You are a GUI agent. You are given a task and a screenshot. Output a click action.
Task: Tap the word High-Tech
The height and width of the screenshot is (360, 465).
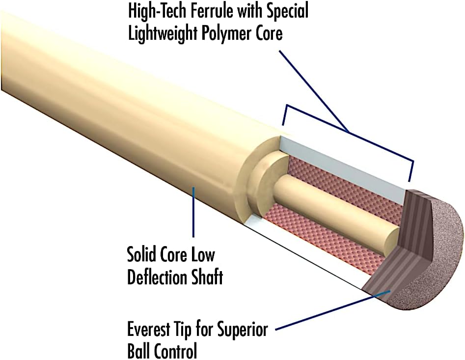pos(151,11)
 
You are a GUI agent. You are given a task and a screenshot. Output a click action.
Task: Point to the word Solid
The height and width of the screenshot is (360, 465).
pos(142,256)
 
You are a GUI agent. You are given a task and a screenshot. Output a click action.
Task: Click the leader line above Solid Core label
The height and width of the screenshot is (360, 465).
pos(193,211)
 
